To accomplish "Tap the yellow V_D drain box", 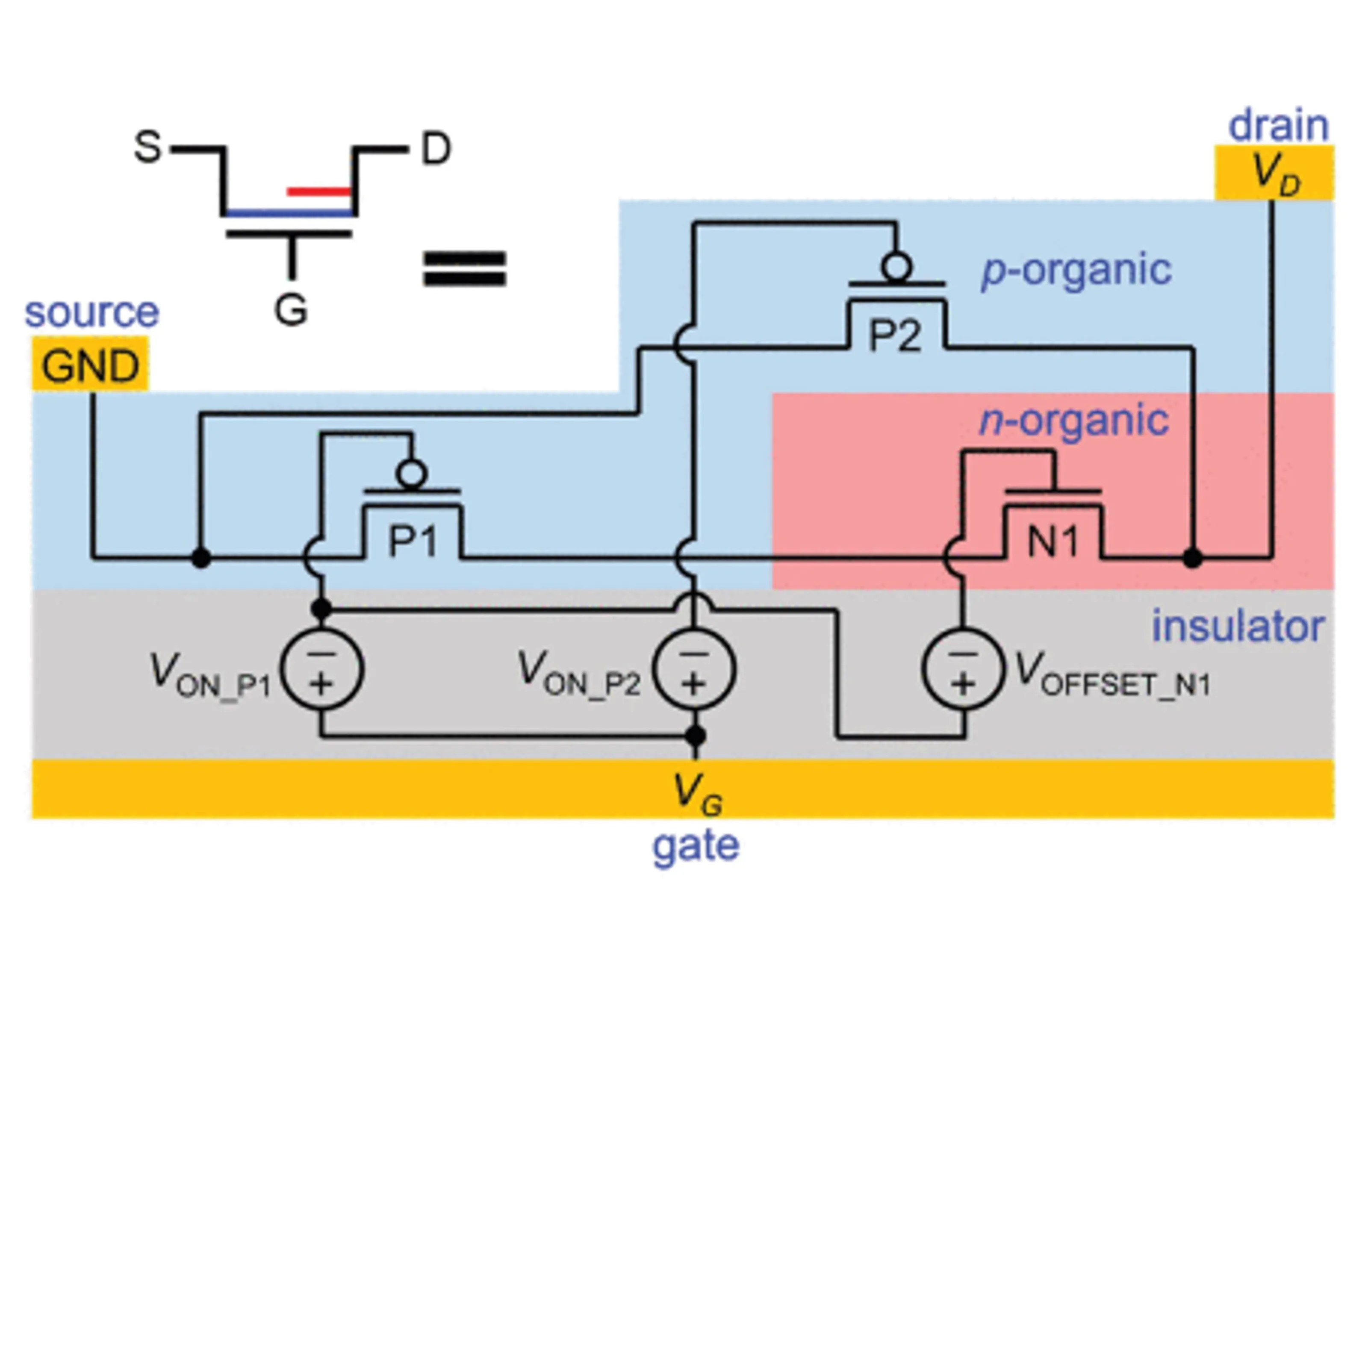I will pos(1274,173).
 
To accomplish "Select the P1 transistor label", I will pos(413,542).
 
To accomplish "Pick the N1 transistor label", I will pos(1053,542).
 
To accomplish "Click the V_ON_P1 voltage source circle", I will pos(322,669).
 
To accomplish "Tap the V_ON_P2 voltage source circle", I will pos(694,669).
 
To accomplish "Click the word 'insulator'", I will pos(1237,627).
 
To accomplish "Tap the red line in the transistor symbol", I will pos(318,191).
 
